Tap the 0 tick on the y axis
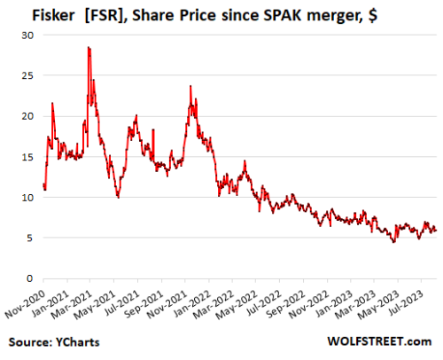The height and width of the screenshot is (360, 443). (x=32, y=278)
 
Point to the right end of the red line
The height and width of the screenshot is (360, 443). (x=435, y=231)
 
